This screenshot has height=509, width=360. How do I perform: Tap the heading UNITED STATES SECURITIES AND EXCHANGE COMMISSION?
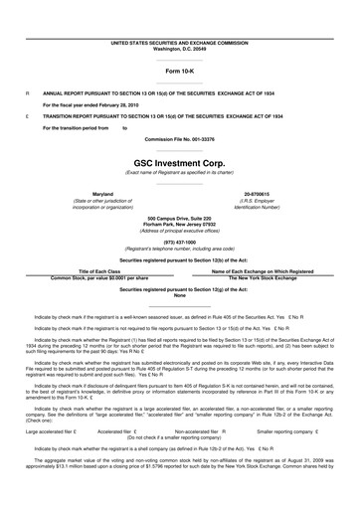[179, 16]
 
